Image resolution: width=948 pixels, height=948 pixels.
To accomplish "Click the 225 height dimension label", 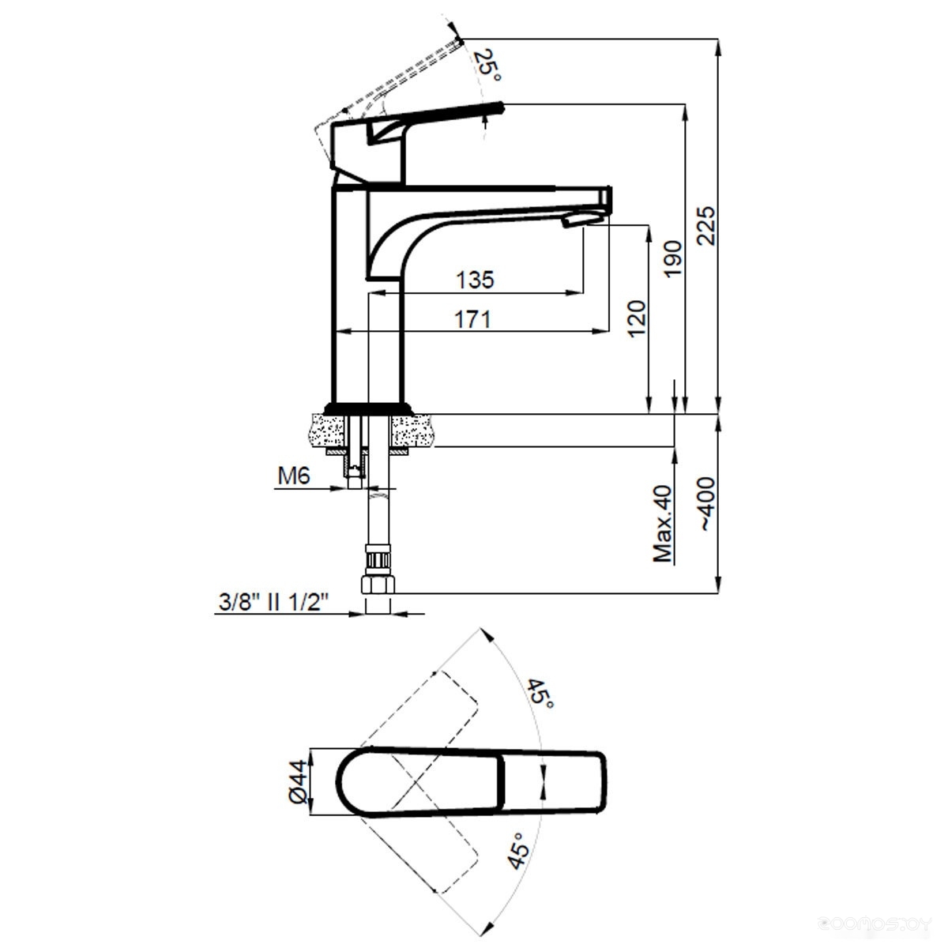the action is [x=706, y=226].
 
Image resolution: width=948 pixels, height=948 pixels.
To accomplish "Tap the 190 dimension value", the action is [x=673, y=259].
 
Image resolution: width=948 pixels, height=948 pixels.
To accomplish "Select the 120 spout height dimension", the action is [x=636, y=318].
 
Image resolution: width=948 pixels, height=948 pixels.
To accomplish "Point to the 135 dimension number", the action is [x=475, y=280].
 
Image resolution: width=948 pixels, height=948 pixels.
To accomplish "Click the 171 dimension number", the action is [x=472, y=320].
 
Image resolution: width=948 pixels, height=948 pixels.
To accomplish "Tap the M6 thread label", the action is [x=294, y=476].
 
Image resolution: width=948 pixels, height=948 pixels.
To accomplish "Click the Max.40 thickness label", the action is [x=662, y=524].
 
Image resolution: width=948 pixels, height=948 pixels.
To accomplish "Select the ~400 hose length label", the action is [x=706, y=503].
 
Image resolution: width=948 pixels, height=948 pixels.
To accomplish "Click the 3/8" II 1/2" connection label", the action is [x=273, y=602].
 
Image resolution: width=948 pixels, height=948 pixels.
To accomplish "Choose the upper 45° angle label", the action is [x=540, y=694].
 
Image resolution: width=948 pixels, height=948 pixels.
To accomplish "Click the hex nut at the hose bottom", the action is [x=378, y=585].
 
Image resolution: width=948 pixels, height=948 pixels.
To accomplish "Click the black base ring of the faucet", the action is [x=368, y=408].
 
